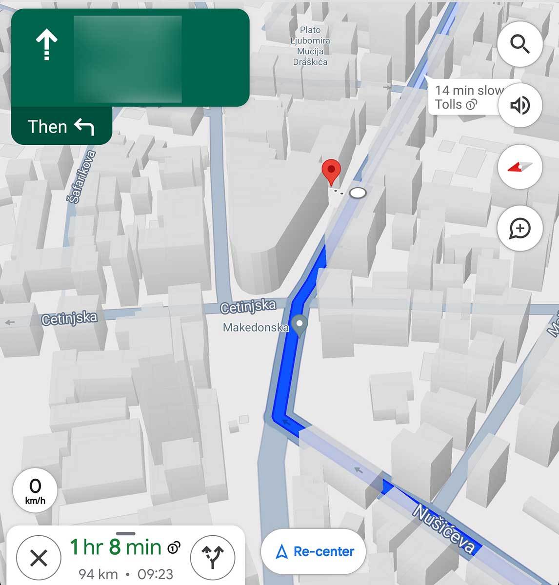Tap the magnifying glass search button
tap(520, 44)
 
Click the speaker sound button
tap(520, 105)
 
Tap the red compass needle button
tap(520, 167)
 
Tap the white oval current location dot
tap(358, 193)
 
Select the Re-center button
tap(314, 551)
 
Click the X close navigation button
tap(39, 558)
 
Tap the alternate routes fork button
tap(213, 557)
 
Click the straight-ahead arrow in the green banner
tap(47, 44)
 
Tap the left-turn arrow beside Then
tap(84, 127)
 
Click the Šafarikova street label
tap(81, 177)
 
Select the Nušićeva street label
tap(444, 528)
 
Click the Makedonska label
tap(255, 327)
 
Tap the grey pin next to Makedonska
tap(300, 325)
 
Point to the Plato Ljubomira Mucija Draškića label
tap(310, 46)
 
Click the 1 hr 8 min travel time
tap(116, 547)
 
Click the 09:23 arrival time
tap(155, 574)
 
